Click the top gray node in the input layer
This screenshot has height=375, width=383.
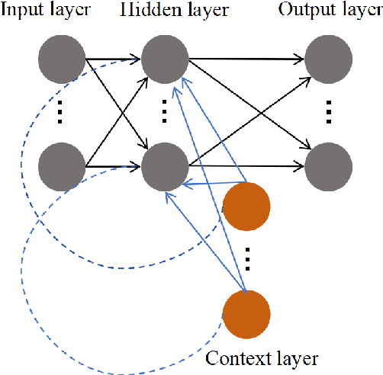[63, 57]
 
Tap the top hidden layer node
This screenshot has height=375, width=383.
[164, 57]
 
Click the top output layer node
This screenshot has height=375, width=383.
[329, 57]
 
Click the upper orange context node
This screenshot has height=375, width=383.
[246, 206]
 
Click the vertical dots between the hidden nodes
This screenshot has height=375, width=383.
[164, 111]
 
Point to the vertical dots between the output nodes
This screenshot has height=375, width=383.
[329, 111]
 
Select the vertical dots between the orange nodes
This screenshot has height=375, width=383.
[246, 260]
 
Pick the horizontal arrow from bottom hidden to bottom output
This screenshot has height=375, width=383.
[244, 165]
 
